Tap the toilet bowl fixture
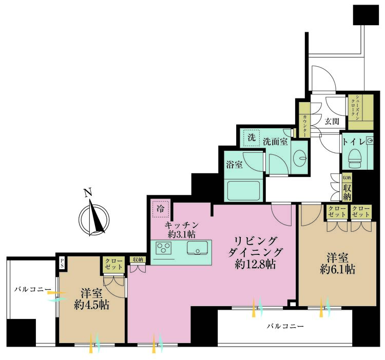tap(356, 158)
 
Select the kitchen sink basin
tap(197, 248)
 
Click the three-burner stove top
tap(164, 248)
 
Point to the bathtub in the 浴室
tap(243, 191)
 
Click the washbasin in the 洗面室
tap(300, 157)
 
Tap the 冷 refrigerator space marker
tap(161, 209)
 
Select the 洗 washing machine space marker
tap(252, 137)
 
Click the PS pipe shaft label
tap(62, 263)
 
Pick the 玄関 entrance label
tap(332, 121)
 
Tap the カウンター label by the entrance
tap(304, 126)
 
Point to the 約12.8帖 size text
tap(255, 265)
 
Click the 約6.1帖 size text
tap(337, 270)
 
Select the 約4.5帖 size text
tap(91, 305)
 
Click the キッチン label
tap(181, 225)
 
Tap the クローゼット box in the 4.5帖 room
tap(113, 265)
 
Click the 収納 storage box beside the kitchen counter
tap(138, 260)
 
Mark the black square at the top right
tap(366, 15)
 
